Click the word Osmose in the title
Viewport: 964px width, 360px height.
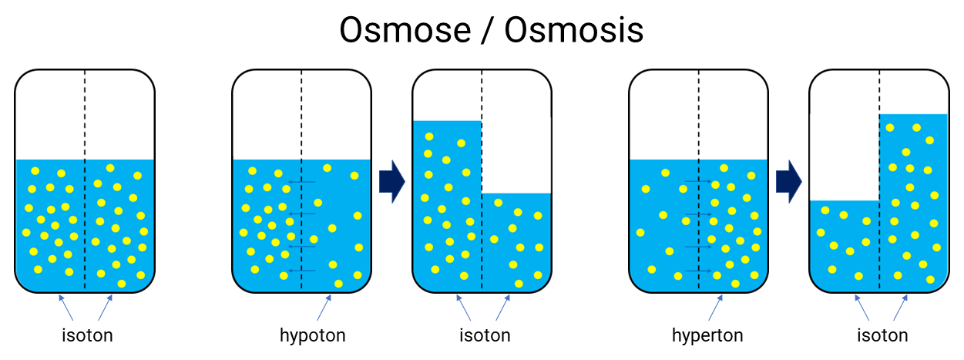(405, 30)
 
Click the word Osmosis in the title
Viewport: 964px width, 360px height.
(574, 30)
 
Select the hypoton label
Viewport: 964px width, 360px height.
(312, 336)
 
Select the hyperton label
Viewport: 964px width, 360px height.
(707, 336)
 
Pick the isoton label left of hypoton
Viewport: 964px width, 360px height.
(87, 335)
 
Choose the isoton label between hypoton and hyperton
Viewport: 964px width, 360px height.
(485, 335)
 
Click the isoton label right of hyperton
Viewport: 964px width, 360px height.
(882, 335)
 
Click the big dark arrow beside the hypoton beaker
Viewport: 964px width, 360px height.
(392, 181)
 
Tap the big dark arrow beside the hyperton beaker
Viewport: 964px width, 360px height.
(789, 181)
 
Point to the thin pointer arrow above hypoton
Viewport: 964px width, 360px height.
(324, 308)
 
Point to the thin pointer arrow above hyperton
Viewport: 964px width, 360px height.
(716, 308)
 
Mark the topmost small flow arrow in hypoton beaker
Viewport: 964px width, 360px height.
(301, 182)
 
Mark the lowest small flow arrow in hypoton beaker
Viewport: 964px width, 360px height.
(301, 271)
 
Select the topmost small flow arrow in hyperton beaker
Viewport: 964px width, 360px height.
(698, 181)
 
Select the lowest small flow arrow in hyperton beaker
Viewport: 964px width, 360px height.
(698, 271)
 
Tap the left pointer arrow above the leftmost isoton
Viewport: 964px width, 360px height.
(65, 308)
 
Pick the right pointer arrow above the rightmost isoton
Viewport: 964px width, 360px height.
(901, 308)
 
